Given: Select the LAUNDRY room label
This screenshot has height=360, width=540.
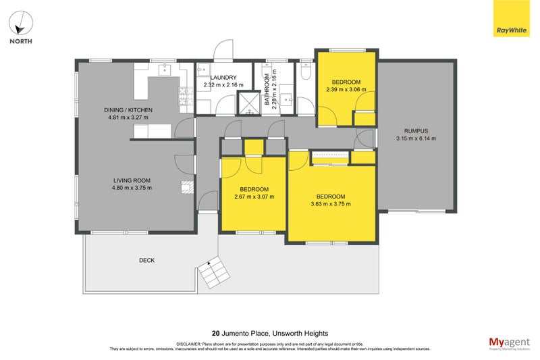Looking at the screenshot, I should tap(223, 78).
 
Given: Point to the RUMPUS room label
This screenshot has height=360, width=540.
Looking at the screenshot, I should tap(416, 131).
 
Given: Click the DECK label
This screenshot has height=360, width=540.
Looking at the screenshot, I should tap(147, 260).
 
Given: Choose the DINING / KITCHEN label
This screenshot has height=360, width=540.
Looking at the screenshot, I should tap(128, 110).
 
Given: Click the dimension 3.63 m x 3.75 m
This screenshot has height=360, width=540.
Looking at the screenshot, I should tap(331, 204).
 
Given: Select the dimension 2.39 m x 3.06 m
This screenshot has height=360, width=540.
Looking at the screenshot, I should tap(346, 89).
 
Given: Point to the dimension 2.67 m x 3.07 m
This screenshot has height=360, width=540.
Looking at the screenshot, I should tap(254, 197).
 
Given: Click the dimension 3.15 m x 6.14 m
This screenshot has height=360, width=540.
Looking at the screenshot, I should tap(416, 139).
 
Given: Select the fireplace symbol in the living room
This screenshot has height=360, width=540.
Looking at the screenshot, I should tap(187, 187).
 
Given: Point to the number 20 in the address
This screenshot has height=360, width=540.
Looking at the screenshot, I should tap(215, 333).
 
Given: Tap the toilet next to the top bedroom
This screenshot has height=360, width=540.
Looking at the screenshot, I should tap(305, 70).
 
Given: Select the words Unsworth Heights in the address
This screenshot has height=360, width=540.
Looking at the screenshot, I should tap(302, 333).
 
